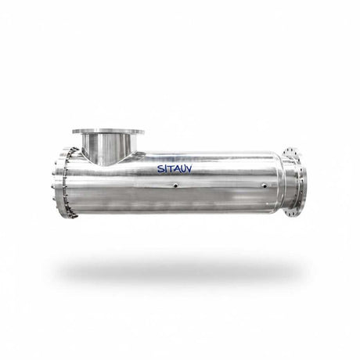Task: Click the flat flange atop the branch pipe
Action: click(108, 131)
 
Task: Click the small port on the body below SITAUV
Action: click(175, 185)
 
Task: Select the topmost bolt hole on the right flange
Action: click(295, 146)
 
